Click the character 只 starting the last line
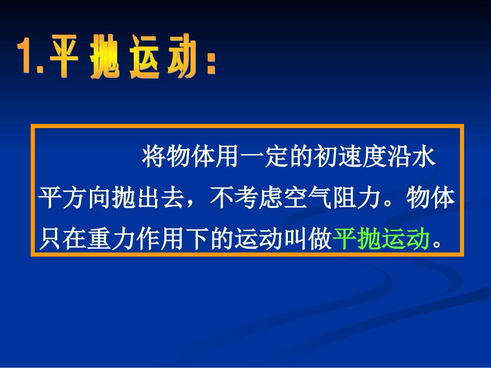tap(52, 239)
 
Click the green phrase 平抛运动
tap(381, 239)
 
